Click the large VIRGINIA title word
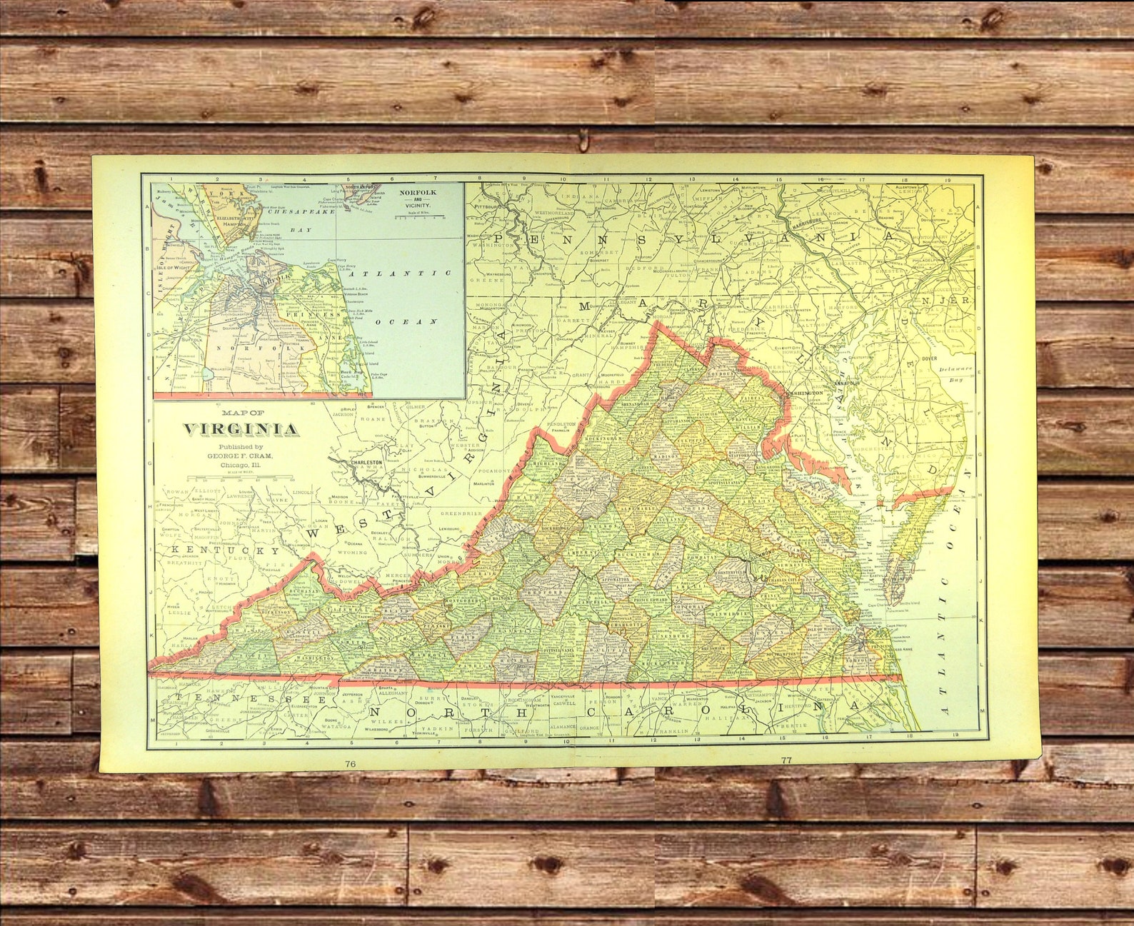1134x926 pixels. pos(241,429)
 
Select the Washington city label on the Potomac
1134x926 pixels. pos(806,393)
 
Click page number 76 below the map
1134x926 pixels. pos(350,763)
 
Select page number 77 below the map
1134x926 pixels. pos(786,760)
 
